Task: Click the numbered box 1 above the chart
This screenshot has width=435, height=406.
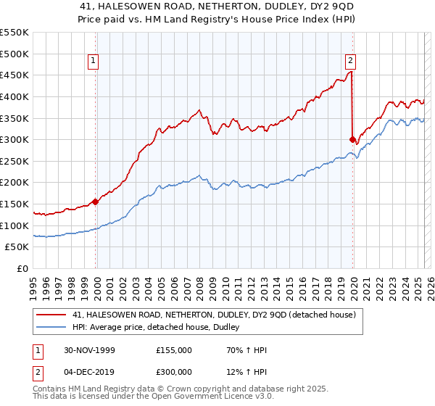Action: point(95,62)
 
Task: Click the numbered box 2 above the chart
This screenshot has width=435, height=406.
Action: point(350,62)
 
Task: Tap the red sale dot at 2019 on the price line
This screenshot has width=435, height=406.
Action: point(352,139)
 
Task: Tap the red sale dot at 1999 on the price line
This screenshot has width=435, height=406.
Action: point(96,202)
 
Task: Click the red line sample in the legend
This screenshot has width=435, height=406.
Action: point(50,315)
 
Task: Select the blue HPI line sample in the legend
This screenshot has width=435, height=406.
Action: point(50,328)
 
